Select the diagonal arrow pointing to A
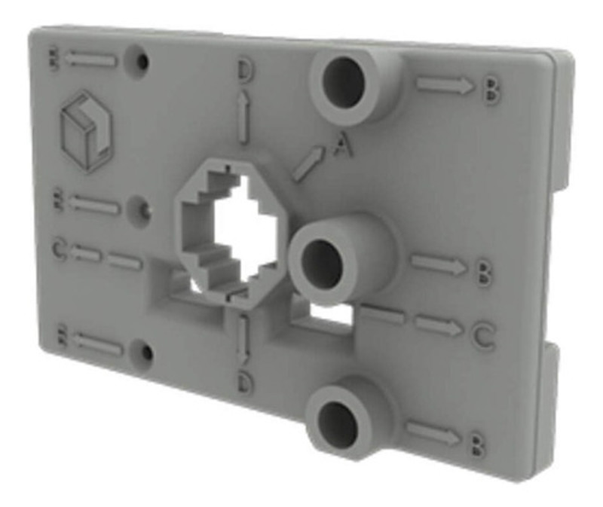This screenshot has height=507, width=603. tap(308, 163)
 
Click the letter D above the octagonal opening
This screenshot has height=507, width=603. tap(246, 69)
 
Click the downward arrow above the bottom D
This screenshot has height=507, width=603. tap(243, 338)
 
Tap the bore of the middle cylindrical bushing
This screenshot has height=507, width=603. tap(323, 261)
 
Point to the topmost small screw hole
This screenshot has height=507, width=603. tap(140, 63)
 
